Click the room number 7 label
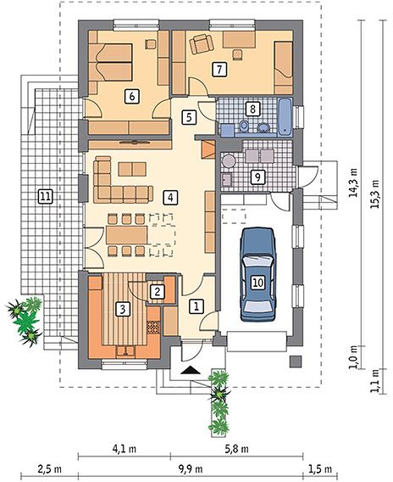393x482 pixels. (x=219, y=70)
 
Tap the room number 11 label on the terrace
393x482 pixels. (x=45, y=196)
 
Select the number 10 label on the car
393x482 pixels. (x=258, y=283)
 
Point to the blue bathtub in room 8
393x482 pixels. (x=285, y=117)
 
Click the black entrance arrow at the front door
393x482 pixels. (x=191, y=370)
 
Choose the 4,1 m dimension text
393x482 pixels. (x=125, y=449)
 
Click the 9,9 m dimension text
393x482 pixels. (x=191, y=469)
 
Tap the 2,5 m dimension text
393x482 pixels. (x=50, y=469)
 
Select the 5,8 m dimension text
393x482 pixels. (x=236, y=449)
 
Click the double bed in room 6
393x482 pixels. (x=110, y=63)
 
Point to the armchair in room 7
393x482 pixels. (x=202, y=44)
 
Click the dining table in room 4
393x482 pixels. (x=127, y=235)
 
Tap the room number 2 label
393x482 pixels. (x=157, y=292)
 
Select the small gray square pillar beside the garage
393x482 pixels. (x=296, y=361)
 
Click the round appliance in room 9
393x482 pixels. (x=229, y=160)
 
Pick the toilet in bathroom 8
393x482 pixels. (x=244, y=126)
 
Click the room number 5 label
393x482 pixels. (x=189, y=117)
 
